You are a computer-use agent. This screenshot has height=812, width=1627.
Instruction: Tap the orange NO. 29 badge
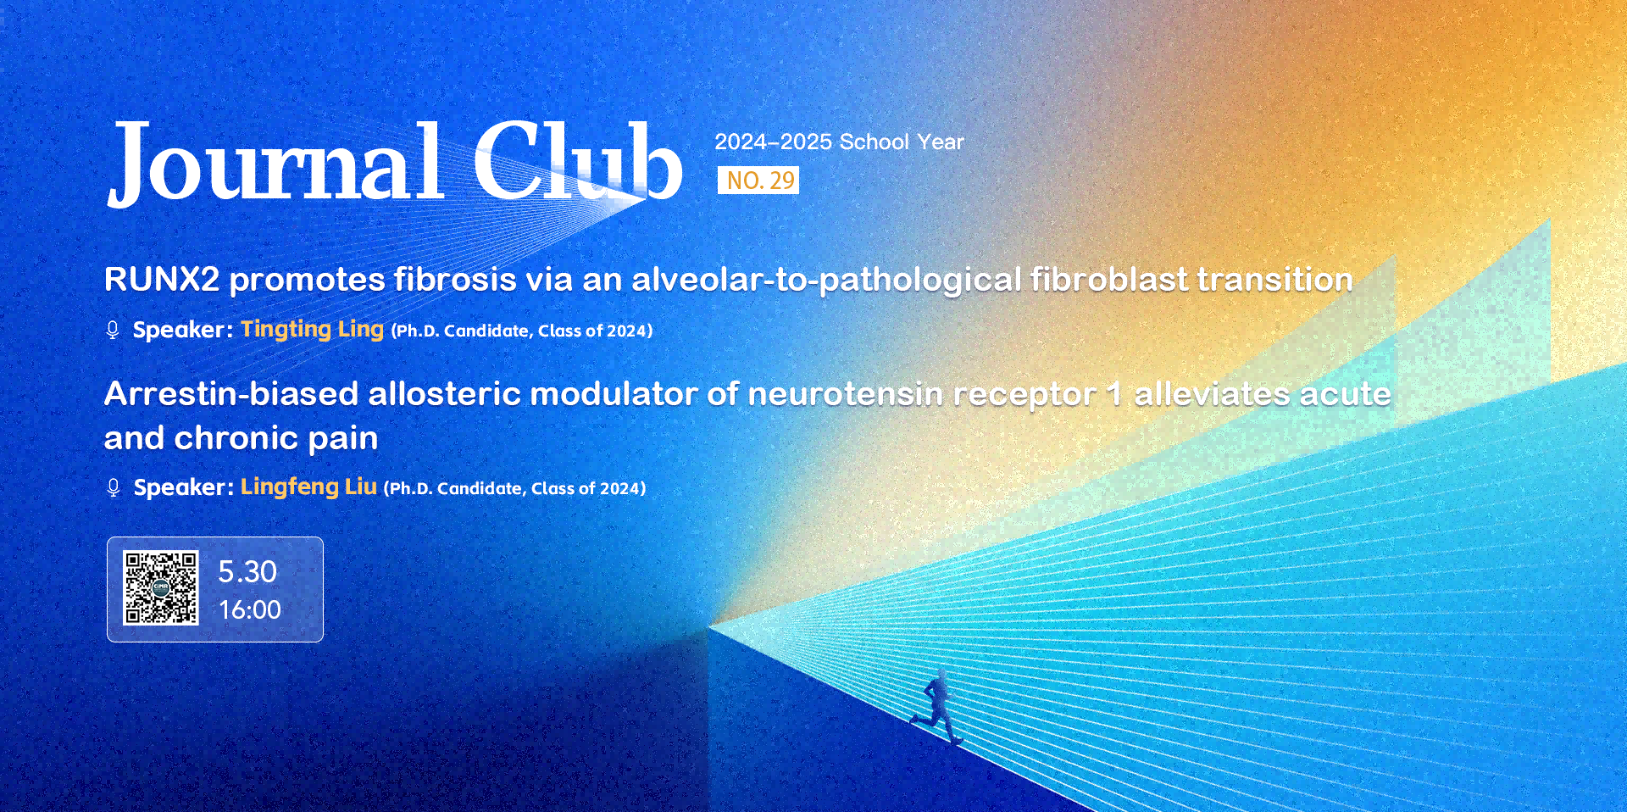pos(758,181)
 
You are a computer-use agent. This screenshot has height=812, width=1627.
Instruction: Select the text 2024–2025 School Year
pos(839,142)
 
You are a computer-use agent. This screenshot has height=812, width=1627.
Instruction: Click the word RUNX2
pos(162,280)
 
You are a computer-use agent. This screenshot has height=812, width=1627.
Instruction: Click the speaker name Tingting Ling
pos(312,329)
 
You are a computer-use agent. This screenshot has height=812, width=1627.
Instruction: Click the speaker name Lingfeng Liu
pos(308,487)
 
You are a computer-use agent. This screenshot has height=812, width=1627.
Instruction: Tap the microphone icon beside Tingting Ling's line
pos(113,330)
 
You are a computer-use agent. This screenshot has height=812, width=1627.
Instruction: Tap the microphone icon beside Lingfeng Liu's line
pos(114,487)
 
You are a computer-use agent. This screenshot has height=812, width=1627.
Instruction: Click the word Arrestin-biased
pos(231,394)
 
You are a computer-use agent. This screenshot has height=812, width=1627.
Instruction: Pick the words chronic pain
pos(276,438)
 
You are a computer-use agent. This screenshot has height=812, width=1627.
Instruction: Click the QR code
pos(161,588)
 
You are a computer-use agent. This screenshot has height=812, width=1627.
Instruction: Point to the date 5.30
pos(247,572)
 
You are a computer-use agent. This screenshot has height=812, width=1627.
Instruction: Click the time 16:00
pos(250,609)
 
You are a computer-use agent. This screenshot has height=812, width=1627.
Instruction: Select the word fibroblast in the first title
pos(1109,280)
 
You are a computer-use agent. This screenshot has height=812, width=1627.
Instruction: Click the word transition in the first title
pos(1274,280)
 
